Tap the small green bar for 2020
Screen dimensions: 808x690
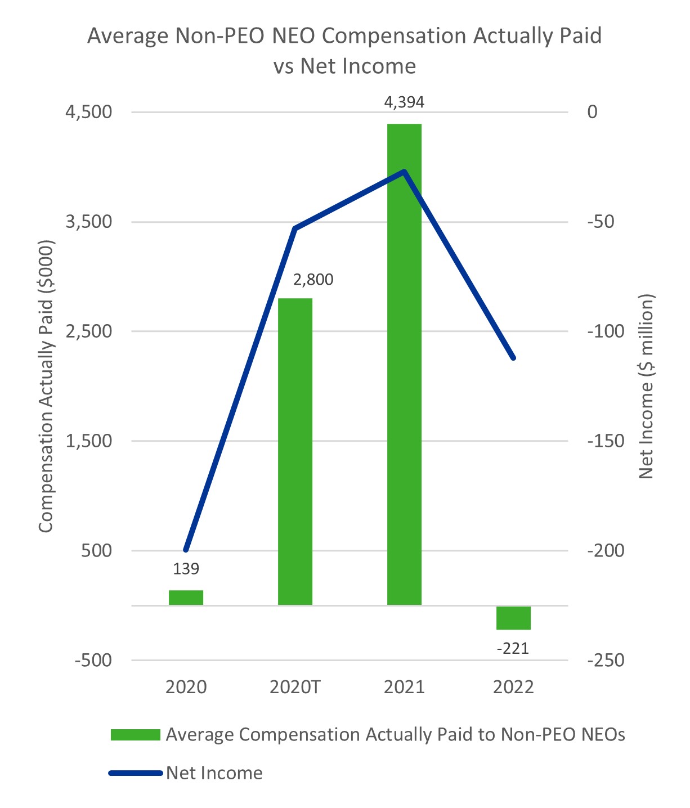pos(186,597)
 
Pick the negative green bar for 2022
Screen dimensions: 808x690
pos(513,618)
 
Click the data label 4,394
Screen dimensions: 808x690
pos(404,102)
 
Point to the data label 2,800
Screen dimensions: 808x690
pos(313,279)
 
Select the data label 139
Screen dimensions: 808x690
pos(186,569)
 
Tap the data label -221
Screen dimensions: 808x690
pos(513,649)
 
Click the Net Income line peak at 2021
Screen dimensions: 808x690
pos(404,171)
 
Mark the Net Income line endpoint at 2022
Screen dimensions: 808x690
pos(513,358)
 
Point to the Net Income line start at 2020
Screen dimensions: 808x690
pos(186,550)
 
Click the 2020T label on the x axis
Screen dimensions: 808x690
pos(295,687)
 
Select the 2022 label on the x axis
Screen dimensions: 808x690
pos(513,687)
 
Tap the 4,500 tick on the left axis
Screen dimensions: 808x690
pos(89,111)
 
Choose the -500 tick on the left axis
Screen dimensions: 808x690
pos(93,660)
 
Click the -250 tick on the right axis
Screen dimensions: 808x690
pos(606,660)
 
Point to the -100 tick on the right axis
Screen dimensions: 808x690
pos(606,331)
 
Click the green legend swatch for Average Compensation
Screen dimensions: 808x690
pos(135,735)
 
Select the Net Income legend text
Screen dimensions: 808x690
pos(214,773)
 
